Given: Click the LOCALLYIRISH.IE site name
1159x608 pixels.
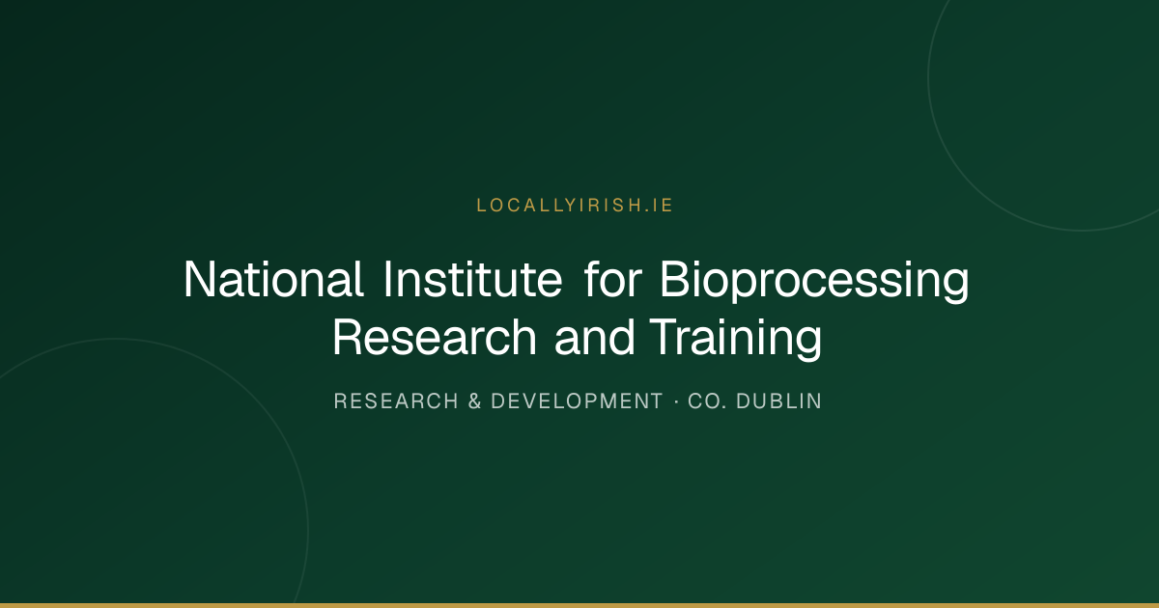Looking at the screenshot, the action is tap(575, 206).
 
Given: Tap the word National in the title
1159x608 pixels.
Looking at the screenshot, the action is tap(273, 279).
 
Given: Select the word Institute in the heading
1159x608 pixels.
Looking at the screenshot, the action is tap(472, 279).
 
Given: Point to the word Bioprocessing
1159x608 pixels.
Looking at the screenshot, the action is tap(814, 282).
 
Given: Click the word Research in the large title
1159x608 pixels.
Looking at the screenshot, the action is tap(435, 337).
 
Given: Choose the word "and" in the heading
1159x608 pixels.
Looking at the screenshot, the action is tap(595, 337).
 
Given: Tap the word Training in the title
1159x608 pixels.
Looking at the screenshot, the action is tap(735, 339).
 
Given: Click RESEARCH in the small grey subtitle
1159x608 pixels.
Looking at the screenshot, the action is tap(396, 401).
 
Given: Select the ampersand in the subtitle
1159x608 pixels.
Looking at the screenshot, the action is tap(474, 401).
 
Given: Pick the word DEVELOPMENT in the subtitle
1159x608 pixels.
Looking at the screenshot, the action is tap(577, 401).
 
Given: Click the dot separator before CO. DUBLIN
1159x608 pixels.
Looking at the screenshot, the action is tap(676, 401).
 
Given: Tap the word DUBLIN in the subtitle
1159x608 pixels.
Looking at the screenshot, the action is tap(778, 401).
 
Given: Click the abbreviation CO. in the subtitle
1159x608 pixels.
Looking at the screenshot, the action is tap(706, 401).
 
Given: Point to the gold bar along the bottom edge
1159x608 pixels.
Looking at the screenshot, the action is tap(579, 605).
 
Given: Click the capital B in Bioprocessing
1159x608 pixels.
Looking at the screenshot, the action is tap(675, 279).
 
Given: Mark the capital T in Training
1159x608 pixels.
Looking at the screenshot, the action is tap(664, 337).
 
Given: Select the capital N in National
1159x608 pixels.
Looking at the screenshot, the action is tap(200, 279).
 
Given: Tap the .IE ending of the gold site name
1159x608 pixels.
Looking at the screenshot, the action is tap(659, 206).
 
